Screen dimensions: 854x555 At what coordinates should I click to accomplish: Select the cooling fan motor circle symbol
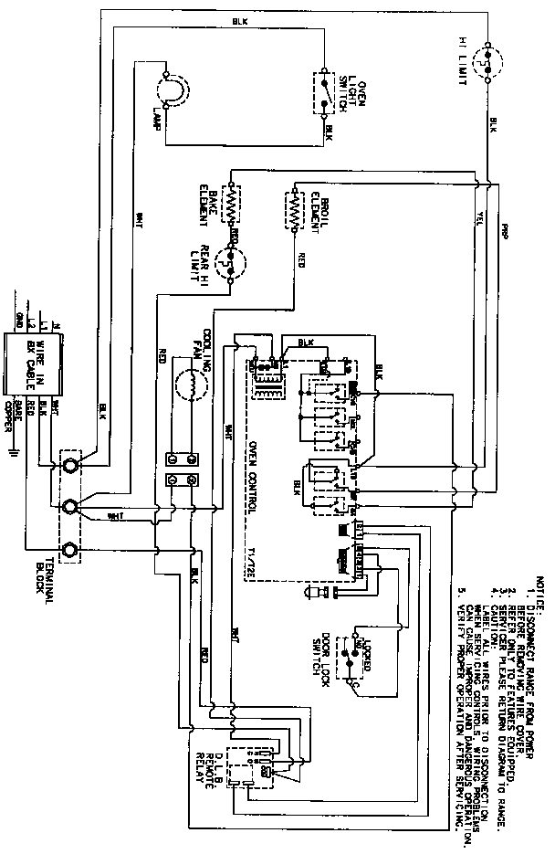(x=189, y=385)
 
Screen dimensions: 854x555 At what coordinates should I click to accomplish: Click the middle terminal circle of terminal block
(x=68, y=507)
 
